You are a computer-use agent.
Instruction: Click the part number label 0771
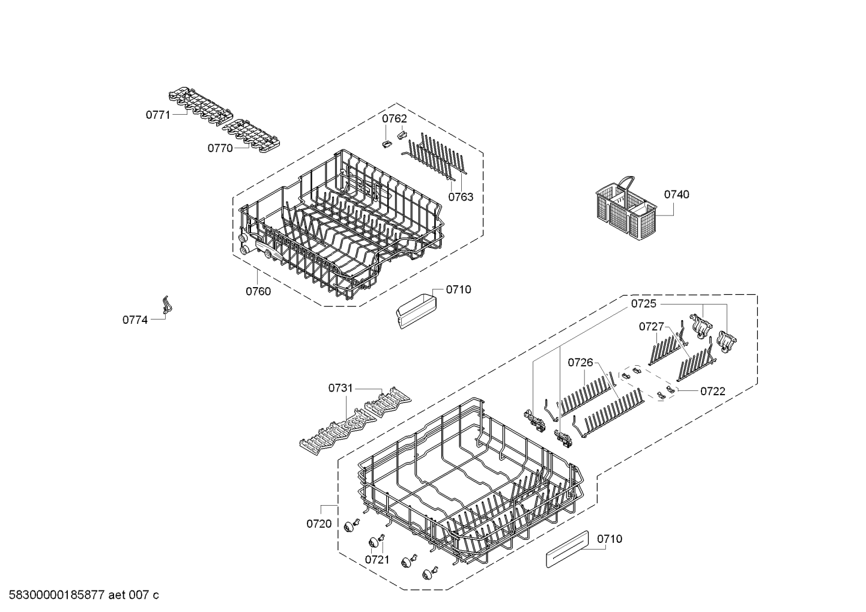pyautogui.click(x=158, y=115)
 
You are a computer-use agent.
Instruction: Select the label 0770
pyautogui.click(x=220, y=148)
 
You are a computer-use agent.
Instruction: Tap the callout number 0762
pyautogui.click(x=395, y=119)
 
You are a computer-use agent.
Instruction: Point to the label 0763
pyautogui.click(x=461, y=197)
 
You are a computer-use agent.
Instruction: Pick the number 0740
pyautogui.click(x=677, y=194)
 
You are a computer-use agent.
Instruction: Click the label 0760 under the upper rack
pyautogui.click(x=258, y=291)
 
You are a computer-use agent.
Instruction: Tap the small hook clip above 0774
pyautogui.click(x=166, y=304)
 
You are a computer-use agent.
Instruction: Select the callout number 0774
pyautogui.click(x=135, y=320)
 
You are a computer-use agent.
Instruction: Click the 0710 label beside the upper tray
pyautogui.click(x=458, y=289)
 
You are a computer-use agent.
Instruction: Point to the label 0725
pyautogui.click(x=644, y=303)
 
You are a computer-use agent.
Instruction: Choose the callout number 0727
pyautogui.click(x=652, y=327)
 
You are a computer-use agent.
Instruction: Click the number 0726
pyautogui.click(x=580, y=362)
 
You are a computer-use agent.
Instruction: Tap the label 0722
pyautogui.click(x=713, y=392)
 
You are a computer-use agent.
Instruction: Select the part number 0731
pyautogui.click(x=341, y=388)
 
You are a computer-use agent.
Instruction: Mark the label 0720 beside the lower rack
pyautogui.click(x=319, y=524)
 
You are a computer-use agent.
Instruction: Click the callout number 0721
pyautogui.click(x=377, y=559)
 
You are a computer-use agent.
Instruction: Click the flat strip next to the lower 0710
pyautogui.click(x=567, y=549)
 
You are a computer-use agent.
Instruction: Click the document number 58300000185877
pyautogui.click(x=56, y=595)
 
